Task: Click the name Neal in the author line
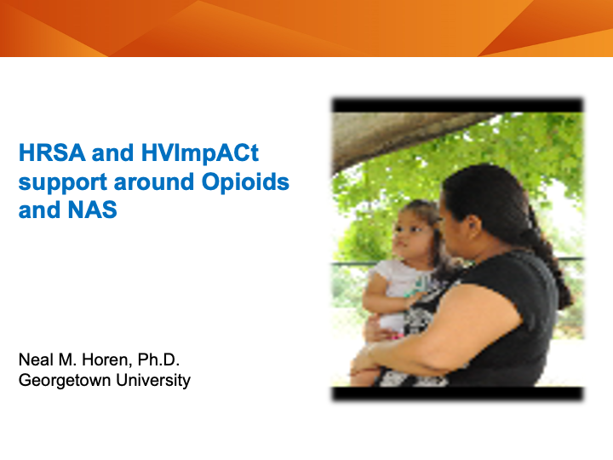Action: click(x=35, y=360)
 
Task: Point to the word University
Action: click(x=152, y=380)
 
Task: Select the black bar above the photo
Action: click(x=457, y=106)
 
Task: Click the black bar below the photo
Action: click(x=457, y=394)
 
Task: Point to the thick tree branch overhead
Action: click(x=400, y=136)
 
